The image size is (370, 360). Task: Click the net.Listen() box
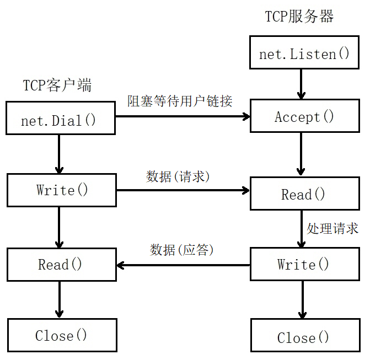[304, 53]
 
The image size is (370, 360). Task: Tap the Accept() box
[304, 116]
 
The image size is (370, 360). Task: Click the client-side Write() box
[62, 190]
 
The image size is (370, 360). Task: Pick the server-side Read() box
[304, 194]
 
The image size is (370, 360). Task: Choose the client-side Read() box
[62, 265]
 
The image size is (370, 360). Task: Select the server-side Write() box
[304, 265]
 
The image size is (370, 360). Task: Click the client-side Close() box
[62, 335]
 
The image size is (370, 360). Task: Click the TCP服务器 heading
[299, 17]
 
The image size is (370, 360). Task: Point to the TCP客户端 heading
[57, 85]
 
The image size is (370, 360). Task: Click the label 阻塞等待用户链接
[180, 101]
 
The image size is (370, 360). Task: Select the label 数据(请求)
[178, 176]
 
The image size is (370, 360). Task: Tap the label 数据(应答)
[182, 250]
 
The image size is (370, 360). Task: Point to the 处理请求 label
[333, 228]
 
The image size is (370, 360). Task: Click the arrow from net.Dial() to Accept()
[182, 116]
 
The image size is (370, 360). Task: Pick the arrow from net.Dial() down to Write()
[60, 154]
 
